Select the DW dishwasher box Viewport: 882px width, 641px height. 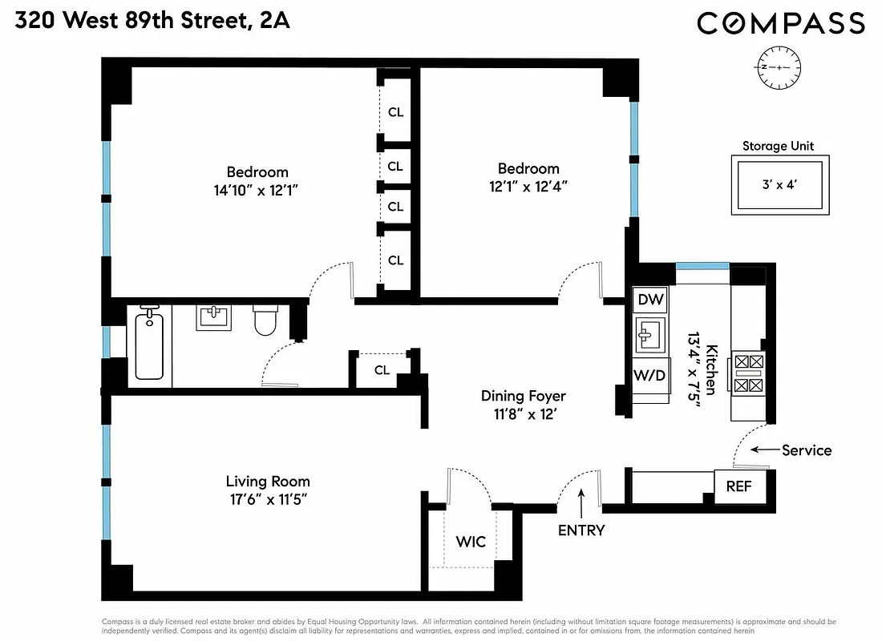(x=650, y=300)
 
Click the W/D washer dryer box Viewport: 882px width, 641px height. (x=649, y=375)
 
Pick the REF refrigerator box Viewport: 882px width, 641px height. (x=738, y=486)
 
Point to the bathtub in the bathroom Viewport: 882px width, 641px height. (x=149, y=346)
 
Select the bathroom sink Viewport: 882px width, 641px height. (x=214, y=317)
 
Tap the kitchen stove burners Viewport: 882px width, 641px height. (x=747, y=373)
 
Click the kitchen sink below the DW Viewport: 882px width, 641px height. (x=649, y=336)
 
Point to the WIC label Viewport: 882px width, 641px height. (x=471, y=542)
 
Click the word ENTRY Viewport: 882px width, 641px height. (x=581, y=530)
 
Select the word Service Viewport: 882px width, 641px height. (x=806, y=450)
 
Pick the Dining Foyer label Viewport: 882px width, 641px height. (x=523, y=396)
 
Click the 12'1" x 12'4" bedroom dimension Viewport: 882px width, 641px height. (x=528, y=187)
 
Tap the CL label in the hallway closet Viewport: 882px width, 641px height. (x=382, y=370)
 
